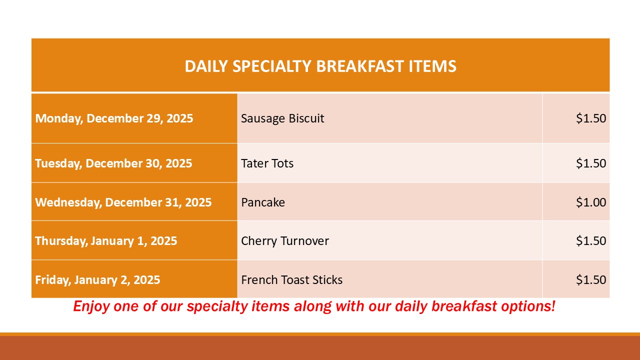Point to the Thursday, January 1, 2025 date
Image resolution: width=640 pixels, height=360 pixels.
click(x=106, y=241)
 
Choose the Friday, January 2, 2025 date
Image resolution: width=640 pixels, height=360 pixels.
click(x=97, y=279)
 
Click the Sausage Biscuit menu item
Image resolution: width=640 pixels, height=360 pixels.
click(x=282, y=118)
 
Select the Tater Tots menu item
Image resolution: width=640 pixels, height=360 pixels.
click(x=267, y=163)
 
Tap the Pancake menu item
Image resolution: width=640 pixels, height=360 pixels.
click(x=263, y=202)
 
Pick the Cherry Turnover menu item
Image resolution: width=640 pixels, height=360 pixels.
click(x=285, y=241)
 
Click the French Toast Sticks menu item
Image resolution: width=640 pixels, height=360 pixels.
click(x=291, y=279)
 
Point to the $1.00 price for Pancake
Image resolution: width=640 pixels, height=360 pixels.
click(x=591, y=202)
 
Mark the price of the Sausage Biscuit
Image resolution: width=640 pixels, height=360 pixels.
click(x=591, y=118)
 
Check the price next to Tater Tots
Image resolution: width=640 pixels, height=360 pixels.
click(x=591, y=163)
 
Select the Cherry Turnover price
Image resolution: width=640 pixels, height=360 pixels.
click(x=591, y=241)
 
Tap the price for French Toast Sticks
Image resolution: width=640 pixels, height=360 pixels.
click(x=591, y=279)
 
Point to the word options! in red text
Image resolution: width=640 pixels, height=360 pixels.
click(x=528, y=306)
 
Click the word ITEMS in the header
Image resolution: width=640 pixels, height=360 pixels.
click(x=432, y=66)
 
